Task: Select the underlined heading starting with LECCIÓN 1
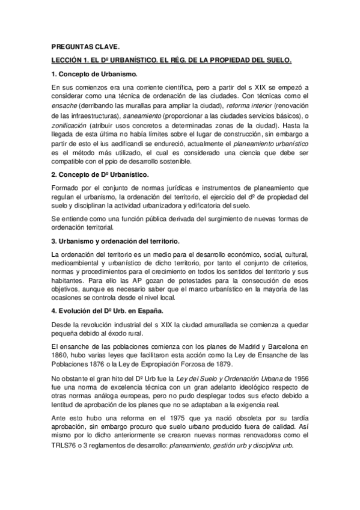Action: [171, 60]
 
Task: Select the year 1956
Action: [300, 380]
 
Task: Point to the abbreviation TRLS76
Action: [66, 450]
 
